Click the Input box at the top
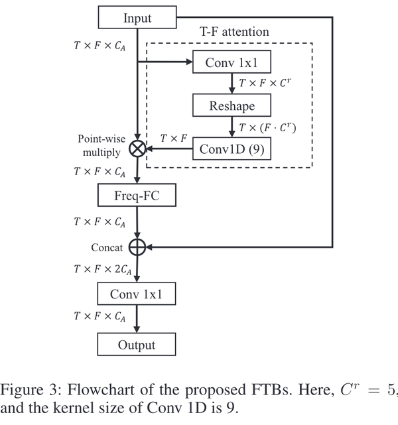137,19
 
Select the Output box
137,344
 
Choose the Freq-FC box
137,196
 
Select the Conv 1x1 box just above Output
137,293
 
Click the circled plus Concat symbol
137,247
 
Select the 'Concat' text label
106,247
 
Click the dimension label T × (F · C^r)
269,127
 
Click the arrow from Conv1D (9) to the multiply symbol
169,149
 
